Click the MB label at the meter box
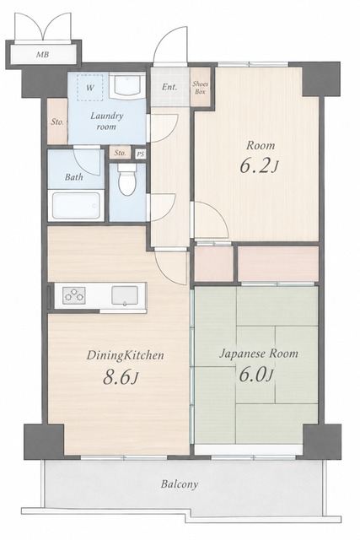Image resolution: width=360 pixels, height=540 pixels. point(42,54)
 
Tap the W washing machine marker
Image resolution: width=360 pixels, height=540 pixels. point(90,88)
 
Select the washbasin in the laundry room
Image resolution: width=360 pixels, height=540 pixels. point(127,85)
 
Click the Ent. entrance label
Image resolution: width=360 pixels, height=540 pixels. point(169,87)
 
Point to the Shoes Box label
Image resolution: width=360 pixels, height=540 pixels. point(201,88)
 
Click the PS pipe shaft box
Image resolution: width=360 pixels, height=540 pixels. point(141,154)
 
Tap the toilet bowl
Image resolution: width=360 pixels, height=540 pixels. point(127,180)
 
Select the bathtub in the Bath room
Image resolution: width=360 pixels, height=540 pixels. point(76,205)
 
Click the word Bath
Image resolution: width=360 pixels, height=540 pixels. point(74,177)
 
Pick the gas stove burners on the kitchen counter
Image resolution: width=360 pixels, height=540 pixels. point(74,295)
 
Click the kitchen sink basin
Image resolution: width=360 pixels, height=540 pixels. point(125,296)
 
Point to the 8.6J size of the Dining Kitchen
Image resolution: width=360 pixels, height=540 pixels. point(121,377)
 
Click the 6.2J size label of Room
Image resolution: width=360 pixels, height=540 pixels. point(259,166)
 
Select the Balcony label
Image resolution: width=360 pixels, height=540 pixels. point(180,484)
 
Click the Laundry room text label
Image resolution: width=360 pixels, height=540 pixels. point(106,121)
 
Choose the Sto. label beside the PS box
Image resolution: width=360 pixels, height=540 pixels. point(120,153)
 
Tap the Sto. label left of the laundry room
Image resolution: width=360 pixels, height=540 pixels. point(57,121)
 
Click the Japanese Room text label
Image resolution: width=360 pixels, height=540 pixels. point(259,354)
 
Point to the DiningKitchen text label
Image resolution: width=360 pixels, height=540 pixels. point(125,355)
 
